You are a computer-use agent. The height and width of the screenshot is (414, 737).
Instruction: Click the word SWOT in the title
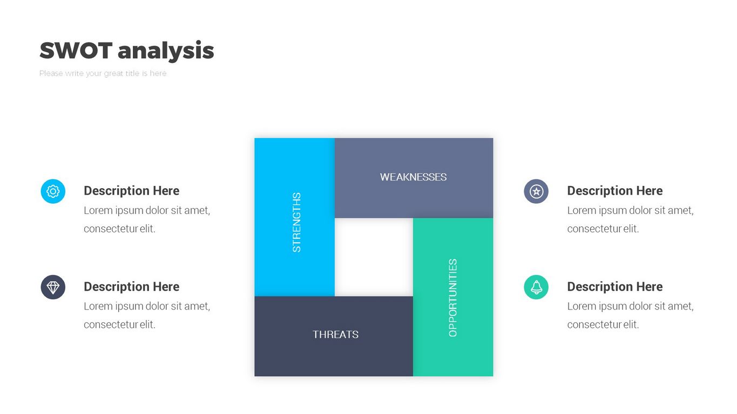(x=76, y=51)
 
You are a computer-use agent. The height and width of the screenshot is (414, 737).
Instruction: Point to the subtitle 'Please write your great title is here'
(x=103, y=73)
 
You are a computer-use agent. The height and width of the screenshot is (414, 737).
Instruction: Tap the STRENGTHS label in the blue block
(x=296, y=223)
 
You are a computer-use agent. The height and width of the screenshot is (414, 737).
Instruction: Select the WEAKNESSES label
(x=413, y=177)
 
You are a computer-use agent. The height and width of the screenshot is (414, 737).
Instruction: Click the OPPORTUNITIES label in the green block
(x=452, y=298)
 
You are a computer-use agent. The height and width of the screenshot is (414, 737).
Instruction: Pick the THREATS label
(x=335, y=334)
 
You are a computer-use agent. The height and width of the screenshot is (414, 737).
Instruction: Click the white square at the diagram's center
(x=374, y=257)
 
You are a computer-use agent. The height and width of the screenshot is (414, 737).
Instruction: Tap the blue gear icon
(x=53, y=191)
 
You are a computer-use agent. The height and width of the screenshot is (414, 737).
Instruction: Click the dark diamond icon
(x=53, y=287)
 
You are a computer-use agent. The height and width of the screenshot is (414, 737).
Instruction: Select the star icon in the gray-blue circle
(x=536, y=191)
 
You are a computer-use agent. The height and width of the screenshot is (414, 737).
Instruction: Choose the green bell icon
(x=536, y=287)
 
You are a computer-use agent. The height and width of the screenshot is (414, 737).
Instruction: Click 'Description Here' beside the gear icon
(x=132, y=191)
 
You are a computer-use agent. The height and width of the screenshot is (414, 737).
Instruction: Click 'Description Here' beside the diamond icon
(x=132, y=287)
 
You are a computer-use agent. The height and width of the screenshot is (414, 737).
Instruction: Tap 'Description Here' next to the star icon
(x=615, y=191)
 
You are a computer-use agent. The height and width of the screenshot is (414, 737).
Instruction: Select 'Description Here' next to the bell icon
(x=615, y=287)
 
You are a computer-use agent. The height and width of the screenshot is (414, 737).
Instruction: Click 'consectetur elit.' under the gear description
(x=119, y=229)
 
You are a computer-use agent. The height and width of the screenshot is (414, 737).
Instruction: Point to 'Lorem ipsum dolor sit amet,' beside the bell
(x=631, y=306)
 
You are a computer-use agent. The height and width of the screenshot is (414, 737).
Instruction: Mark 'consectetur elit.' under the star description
(x=603, y=229)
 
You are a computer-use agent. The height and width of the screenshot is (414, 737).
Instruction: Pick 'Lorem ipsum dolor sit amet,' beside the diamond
(x=147, y=306)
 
